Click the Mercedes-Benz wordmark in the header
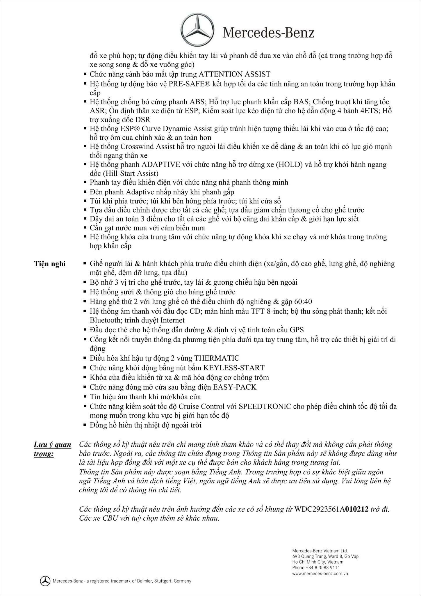pyautogui.click(x=268, y=33)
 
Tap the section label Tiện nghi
pyautogui.click(x=50, y=264)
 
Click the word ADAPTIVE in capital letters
pyautogui.click(x=160, y=164)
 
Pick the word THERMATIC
pyautogui.click(x=217, y=358)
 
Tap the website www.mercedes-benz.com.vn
pyautogui.click(x=320, y=574)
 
